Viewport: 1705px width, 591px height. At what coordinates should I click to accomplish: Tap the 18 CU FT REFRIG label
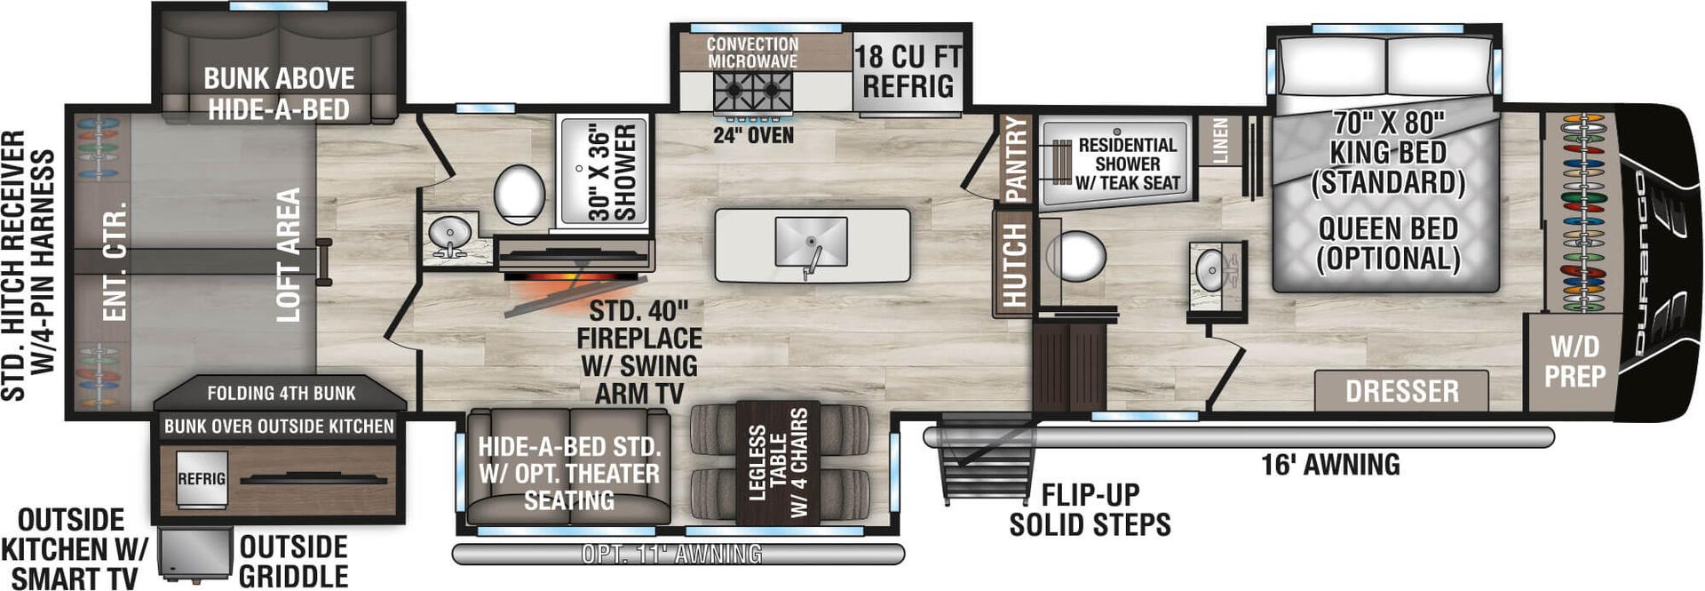tap(908, 72)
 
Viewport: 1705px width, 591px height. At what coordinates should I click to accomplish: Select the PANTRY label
tap(1015, 159)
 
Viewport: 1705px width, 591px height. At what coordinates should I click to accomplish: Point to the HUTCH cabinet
tap(1013, 264)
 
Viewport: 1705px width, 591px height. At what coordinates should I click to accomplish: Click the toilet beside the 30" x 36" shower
tap(519, 194)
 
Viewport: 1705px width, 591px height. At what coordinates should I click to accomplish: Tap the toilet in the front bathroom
tap(1076, 257)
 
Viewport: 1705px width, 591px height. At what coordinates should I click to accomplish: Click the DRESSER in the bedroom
tap(1401, 391)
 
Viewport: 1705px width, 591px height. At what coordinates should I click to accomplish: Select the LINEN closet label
tap(1220, 140)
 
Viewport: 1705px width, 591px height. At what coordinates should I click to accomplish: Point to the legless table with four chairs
tap(778, 462)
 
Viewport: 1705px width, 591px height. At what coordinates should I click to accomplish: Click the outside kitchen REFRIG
tap(202, 479)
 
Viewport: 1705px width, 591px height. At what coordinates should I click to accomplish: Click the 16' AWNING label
tap(1330, 464)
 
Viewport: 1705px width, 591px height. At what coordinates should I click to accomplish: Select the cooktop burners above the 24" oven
tap(752, 92)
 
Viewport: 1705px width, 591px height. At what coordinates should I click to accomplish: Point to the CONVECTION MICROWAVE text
tap(752, 52)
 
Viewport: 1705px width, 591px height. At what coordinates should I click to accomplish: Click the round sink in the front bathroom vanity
tap(1210, 269)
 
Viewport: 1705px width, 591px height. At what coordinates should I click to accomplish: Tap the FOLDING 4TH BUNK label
tap(281, 393)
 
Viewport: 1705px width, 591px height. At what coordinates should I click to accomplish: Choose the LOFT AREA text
tap(288, 254)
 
